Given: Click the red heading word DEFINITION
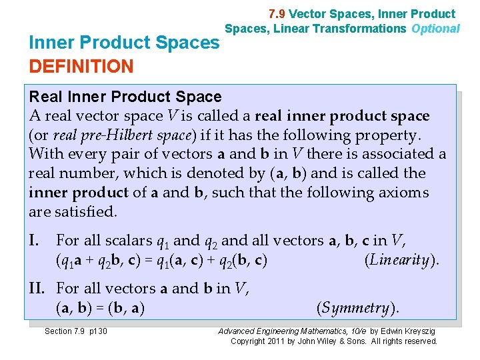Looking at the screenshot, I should click(x=81, y=66).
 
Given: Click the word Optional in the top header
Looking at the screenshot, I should click(x=435, y=29).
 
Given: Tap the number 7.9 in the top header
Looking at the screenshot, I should click(x=277, y=13).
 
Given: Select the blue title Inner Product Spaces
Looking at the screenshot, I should click(x=125, y=43).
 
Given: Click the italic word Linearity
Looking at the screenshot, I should click(x=399, y=260).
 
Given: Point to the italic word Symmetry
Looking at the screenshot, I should click(x=355, y=308).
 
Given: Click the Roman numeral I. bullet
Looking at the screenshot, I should click(x=37, y=240).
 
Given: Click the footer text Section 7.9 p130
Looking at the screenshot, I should click(x=75, y=331).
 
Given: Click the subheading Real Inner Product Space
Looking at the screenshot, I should click(x=125, y=97).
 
